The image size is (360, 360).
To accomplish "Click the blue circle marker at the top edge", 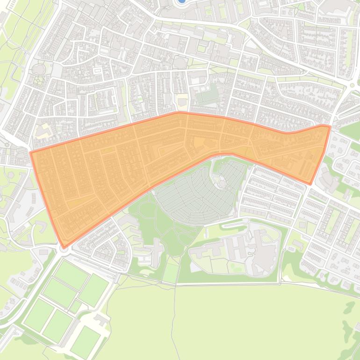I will [x=181, y=2].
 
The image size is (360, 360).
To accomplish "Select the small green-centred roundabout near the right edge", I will [x=352, y=85].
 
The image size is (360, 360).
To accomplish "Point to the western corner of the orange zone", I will [x=31, y=152].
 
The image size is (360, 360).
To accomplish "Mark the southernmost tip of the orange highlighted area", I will [x=64, y=246].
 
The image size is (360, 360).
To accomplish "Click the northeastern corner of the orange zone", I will [x=330, y=126].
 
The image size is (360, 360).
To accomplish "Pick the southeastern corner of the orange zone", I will [x=309, y=183].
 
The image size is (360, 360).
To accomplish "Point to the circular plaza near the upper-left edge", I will [x=37, y=70].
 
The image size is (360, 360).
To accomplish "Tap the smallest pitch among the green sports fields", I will [x=75, y=306].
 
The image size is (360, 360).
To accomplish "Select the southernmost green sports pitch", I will [x=86, y=341].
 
